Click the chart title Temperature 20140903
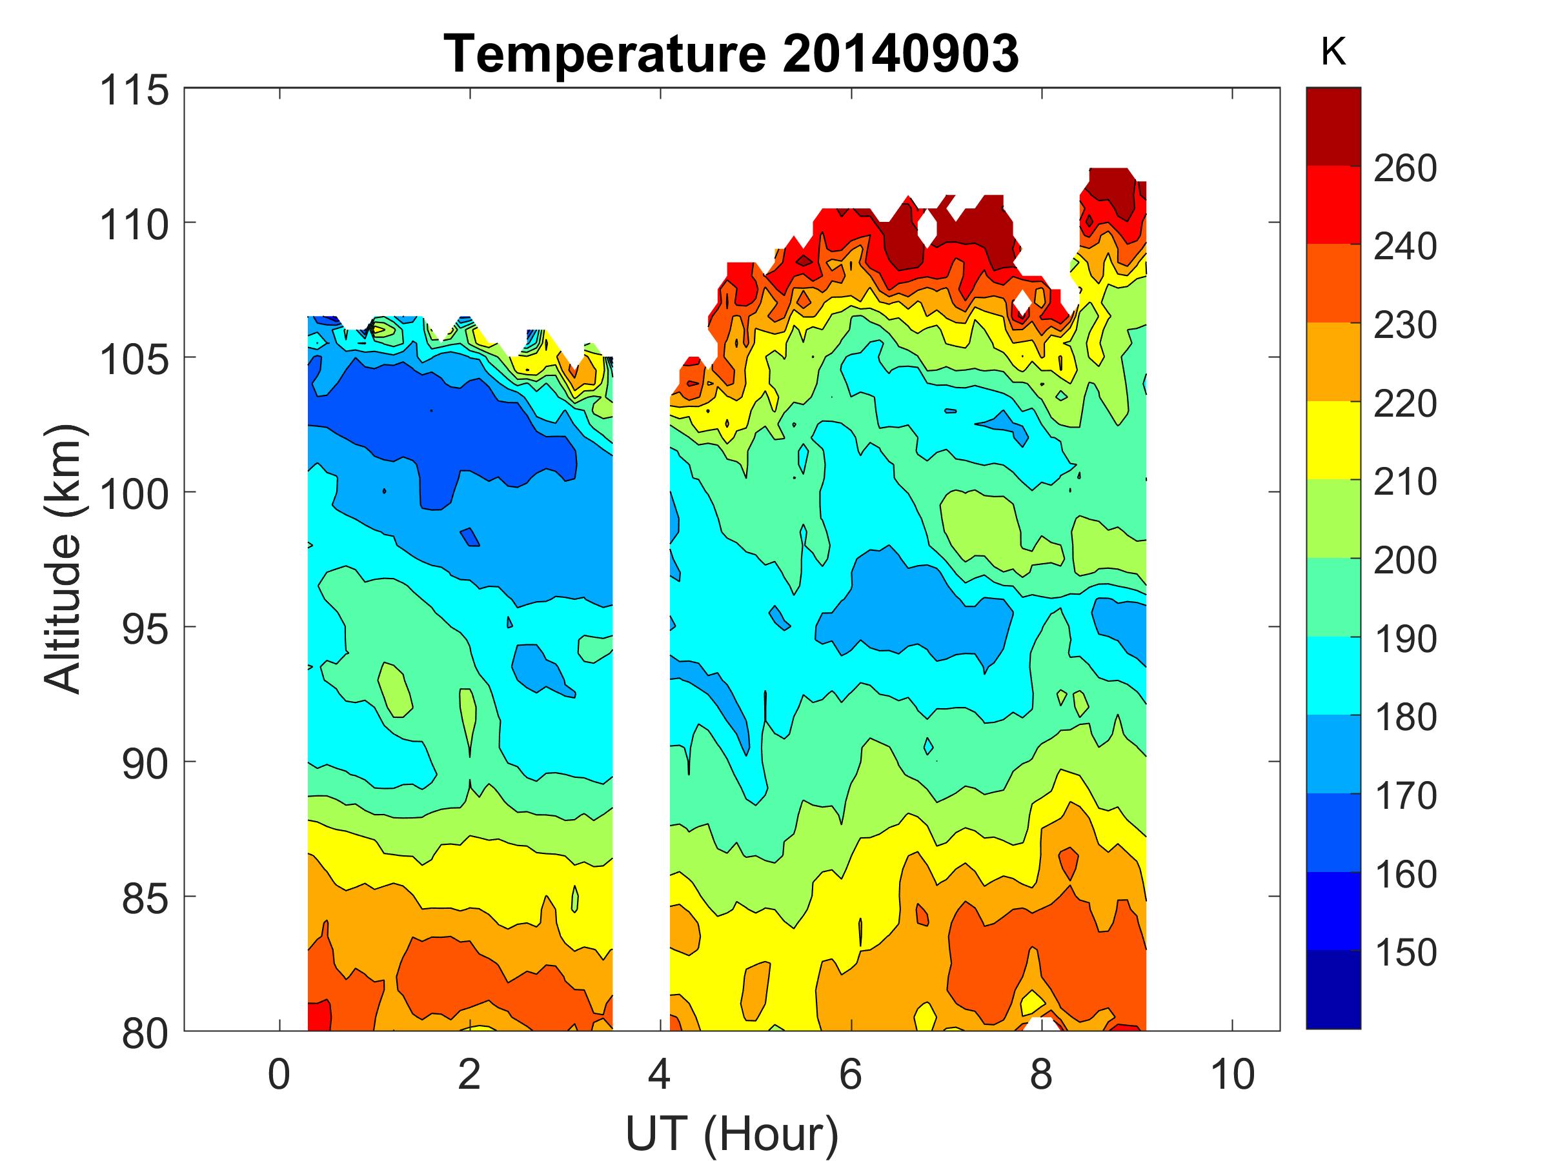coord(731,54)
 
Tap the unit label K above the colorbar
coord(1333,51)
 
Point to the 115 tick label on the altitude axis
coord(134,90)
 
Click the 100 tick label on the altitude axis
coord(134,494)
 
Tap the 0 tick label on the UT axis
coord(279,1074)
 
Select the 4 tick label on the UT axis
coord(660,1074)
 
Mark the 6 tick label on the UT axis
coord(850,1074)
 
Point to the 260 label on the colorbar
coord(1404,168)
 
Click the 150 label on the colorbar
coord(1404,952)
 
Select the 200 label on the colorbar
coord(1404,560)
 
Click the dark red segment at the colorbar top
coord(1333,126)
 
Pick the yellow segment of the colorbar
coord(1333,439)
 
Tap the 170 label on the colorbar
coord(1404,795)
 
